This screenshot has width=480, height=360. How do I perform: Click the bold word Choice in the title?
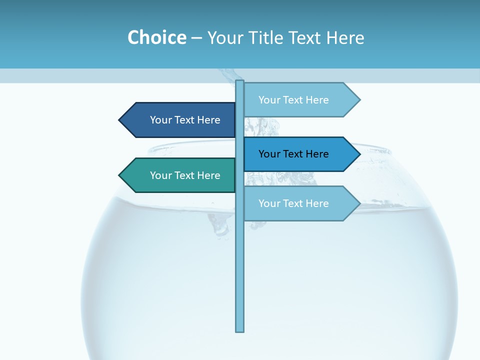156,37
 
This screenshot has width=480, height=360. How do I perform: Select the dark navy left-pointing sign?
180,120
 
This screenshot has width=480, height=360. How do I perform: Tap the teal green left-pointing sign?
180,175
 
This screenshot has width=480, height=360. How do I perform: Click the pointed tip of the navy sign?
120,120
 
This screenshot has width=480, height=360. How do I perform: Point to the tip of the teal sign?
120,175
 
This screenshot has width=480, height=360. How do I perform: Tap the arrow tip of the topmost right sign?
358,100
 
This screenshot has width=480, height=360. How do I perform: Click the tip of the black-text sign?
358,154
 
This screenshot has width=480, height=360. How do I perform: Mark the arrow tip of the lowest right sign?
358,203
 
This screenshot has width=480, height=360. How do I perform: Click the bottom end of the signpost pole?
240,330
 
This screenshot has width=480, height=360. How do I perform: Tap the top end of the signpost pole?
240,82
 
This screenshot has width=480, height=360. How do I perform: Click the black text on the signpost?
293,154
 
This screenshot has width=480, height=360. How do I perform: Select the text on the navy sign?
185,120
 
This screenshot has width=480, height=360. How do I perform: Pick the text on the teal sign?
185,175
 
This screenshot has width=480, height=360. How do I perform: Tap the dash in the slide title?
196,38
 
